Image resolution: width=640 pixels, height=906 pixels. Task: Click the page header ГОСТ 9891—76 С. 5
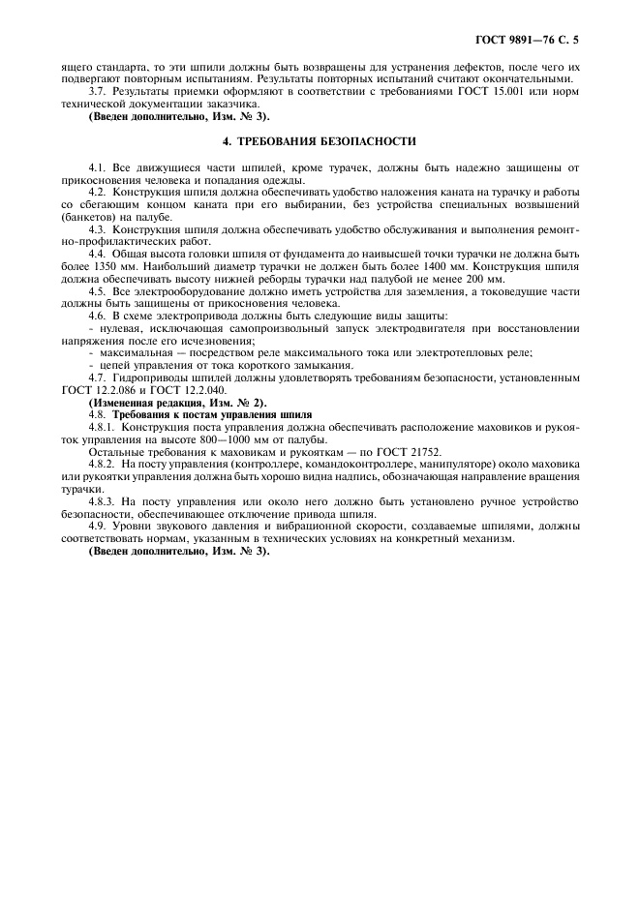pyautogui.click(x=534, y=42)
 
